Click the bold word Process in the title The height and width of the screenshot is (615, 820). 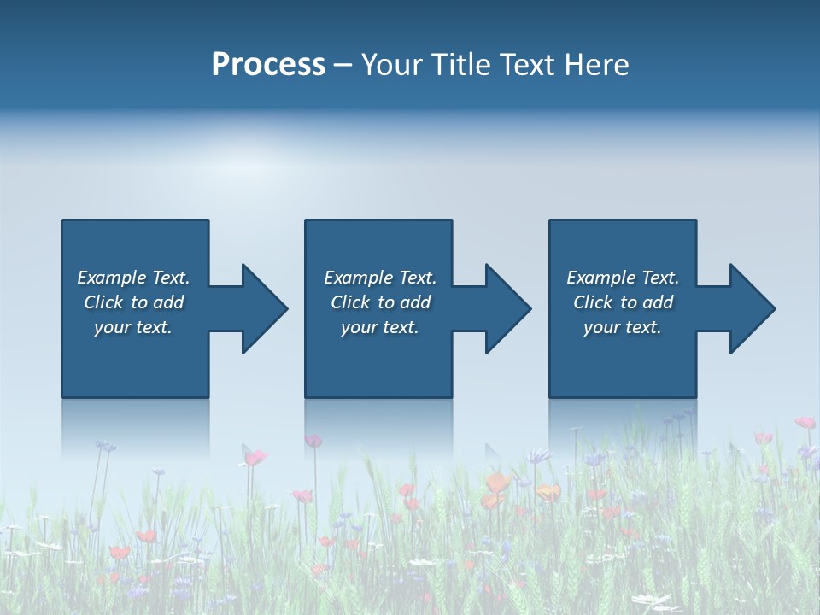click(x=268, y=65)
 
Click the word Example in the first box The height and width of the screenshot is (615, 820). click(x=112, y=278)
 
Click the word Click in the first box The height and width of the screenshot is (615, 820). click(x=103, y=302)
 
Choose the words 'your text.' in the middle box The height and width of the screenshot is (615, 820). click(x=379, y=327)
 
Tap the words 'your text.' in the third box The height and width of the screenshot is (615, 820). click(x=622, y=327)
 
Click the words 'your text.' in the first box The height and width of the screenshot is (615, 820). click(x=132, y=327)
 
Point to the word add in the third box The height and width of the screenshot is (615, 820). click(x=657, y=302)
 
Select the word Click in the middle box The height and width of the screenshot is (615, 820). click(x=350, y=302)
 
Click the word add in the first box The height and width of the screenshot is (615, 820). click(x=168, y=302)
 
